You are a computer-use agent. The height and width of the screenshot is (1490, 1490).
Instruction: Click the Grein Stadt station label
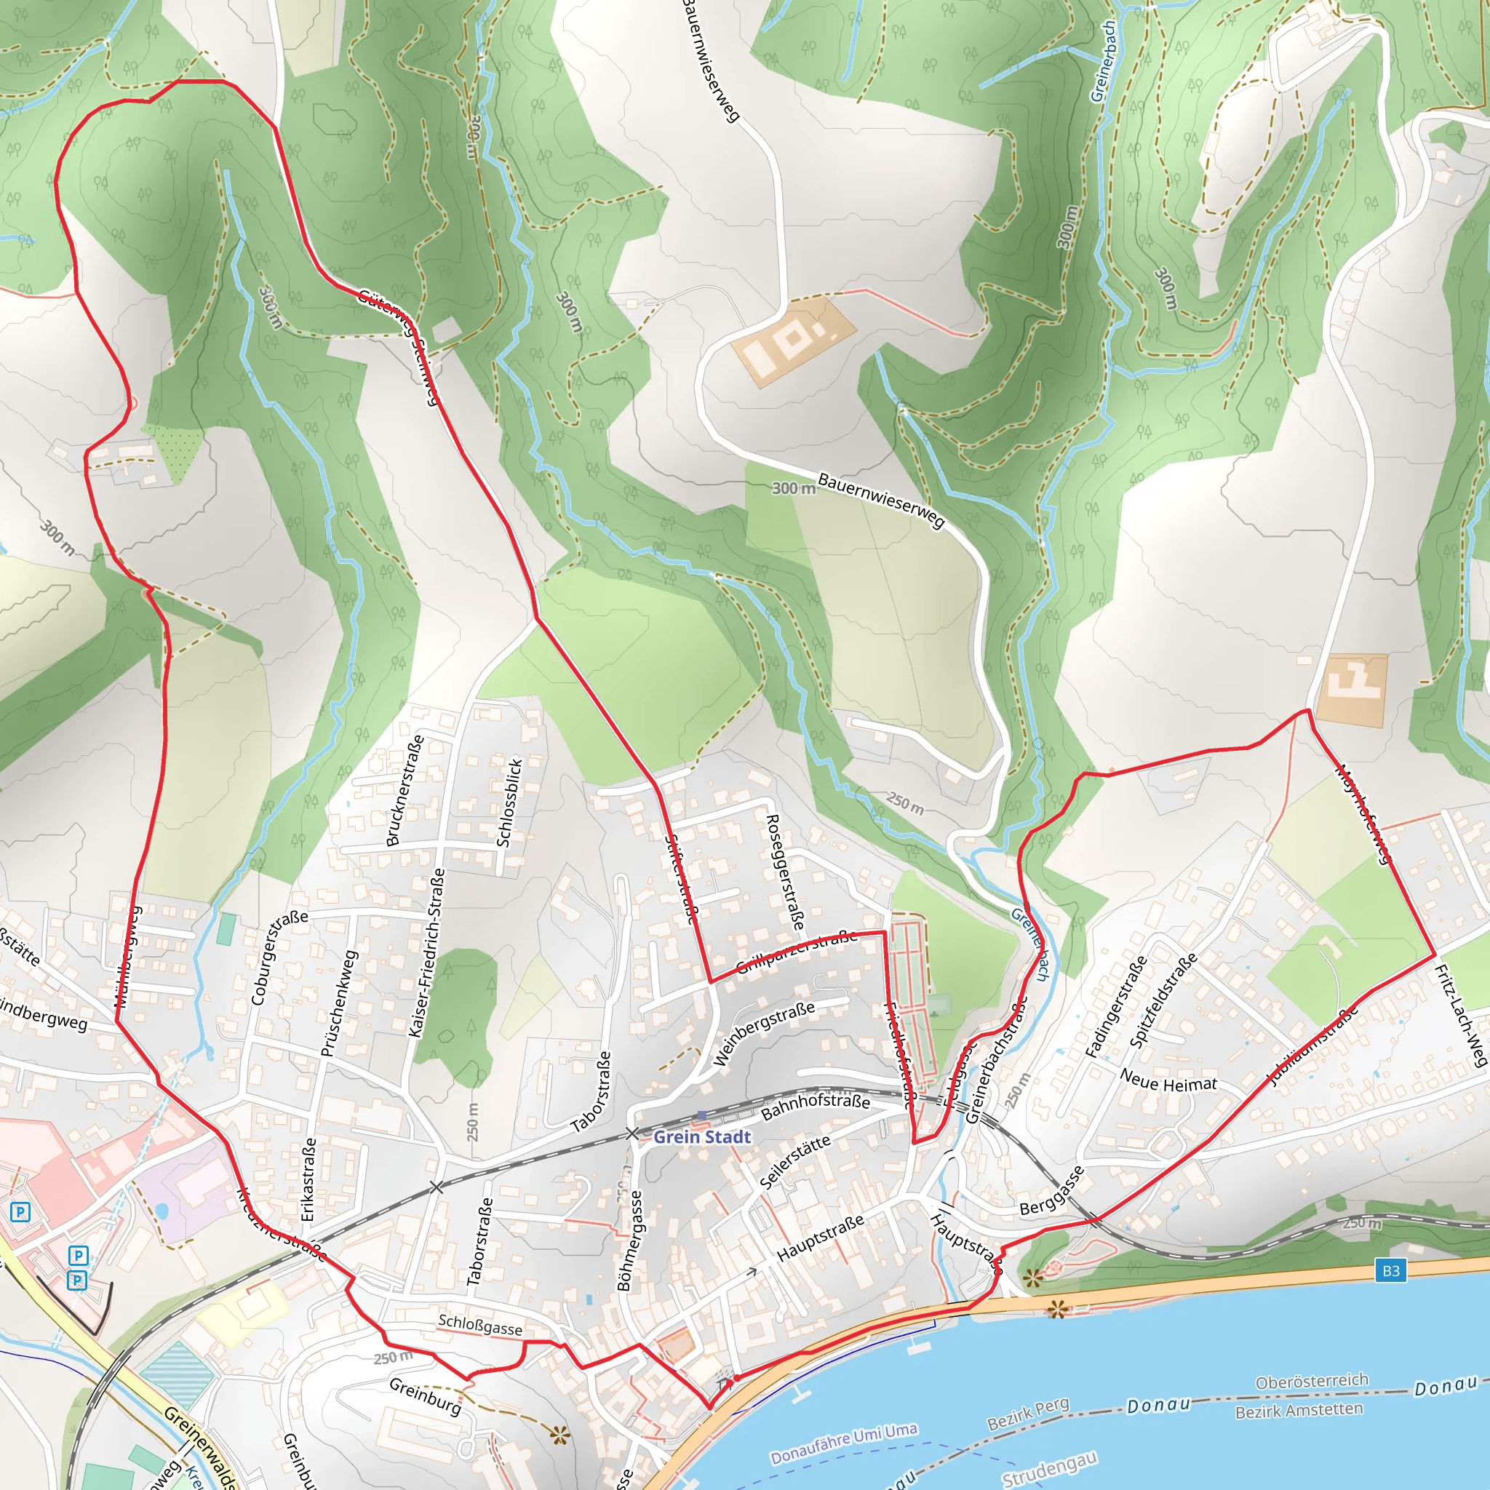click(702, 1136)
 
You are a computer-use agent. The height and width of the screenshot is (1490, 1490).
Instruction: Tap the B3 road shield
click(1390, 1271)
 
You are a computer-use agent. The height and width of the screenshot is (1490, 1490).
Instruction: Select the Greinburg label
click(425, 1396)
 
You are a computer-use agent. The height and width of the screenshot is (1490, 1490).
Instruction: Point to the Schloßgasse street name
click(479, 1325)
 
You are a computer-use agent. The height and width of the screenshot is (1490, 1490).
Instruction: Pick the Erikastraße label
click(308, 1179)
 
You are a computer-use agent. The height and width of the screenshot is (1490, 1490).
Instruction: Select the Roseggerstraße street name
click(784, 872)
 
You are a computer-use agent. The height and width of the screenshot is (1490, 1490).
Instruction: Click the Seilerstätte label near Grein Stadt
click(794, 1161)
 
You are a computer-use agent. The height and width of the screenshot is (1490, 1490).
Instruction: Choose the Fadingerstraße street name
click(1116, 1005)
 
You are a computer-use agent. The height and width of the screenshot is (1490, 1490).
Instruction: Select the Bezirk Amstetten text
click(1299, 1411)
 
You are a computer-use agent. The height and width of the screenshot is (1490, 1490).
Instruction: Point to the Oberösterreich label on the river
click(1312, 1380)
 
